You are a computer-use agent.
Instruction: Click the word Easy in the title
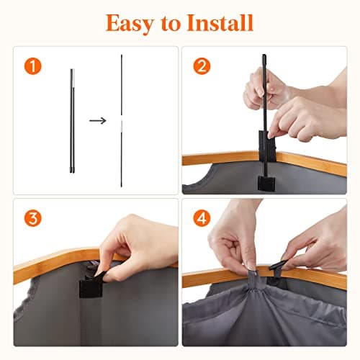(x=129, y=23)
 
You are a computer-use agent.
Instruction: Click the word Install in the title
(x=220, y=22)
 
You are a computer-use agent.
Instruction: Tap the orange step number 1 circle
(x=33, y=66)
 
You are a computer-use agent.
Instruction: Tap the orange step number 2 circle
(x=202, y=66)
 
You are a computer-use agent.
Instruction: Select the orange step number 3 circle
(x=33, y=218)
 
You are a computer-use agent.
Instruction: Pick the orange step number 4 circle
(x=202, y=218)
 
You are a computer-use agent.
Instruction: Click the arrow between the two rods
(x=98, y=120)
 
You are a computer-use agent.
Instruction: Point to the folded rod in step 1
(x=72, y=121)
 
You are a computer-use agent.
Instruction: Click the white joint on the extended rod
(x=122, y=124)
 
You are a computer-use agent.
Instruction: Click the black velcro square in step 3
(x=91, y=289)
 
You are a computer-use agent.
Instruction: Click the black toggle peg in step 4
(x=278, y=265)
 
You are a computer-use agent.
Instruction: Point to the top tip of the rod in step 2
(x=264, y=55)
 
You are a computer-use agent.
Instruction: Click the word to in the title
(x=170, y=24)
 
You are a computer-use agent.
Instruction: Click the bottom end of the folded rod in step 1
(x=72, y=172)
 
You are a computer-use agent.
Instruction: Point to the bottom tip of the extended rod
(x=121, y=186)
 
